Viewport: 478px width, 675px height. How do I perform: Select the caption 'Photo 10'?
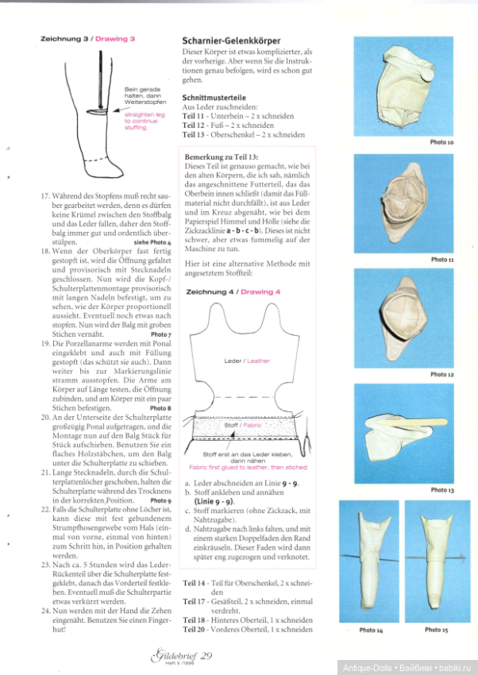[441, 142]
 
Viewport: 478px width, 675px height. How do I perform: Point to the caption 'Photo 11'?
[441, 260]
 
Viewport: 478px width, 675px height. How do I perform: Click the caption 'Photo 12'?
[441, 374]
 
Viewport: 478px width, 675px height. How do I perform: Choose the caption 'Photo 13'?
[441, 490]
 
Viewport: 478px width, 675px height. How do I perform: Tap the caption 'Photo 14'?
[370, 630]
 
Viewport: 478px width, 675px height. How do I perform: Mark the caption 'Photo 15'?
[436, 630]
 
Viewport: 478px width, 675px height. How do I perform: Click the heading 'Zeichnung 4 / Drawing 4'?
[233, 292]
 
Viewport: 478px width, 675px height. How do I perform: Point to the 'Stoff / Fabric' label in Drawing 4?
[244, 425]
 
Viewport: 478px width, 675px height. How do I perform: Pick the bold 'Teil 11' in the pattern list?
[194, 115]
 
